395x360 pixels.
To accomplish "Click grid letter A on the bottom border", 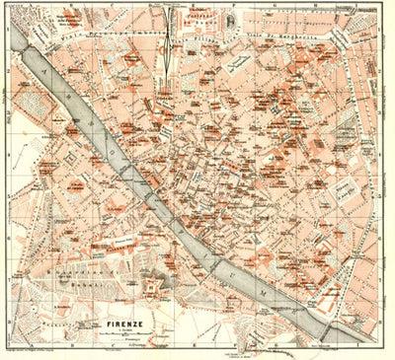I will [x=20, y=353].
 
